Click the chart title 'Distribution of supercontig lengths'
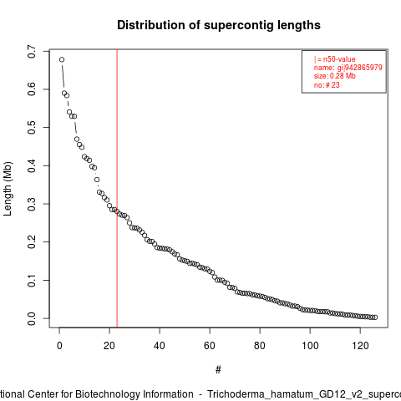pyautogui.click(x=219, y=25)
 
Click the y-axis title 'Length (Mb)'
pyautogui.click(x=8, y=189)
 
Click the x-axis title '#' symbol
pyautogui.click(x=218, y=369)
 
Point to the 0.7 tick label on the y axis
pyautogui.click(x=32, y=51)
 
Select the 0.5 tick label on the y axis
pyautogui.click(x=32, y=127)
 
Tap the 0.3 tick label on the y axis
pyautogui.click(x=32, y=204)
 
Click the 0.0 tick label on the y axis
pyautogui.click(x=32, y=318)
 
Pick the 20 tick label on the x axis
pyautogui.click(x=109, y=346)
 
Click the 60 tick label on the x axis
pyautogui.click(x=210, y=346)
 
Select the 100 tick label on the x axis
pyautogui.click(x=310, y=346)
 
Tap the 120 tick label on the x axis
pyautogui.click(x=360, y=346)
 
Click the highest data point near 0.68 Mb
pyautogui.click(x=62, y=59)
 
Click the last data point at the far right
pyautogui.click(x=375, y=317)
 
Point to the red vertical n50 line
pyautogui.click(x=117, y=188)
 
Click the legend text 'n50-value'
pyautogui.click(x=339, y=59)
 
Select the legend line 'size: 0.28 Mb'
pyautogui.click(x=335, y=76)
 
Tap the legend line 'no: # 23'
pyautogui.click(x=327, y=85)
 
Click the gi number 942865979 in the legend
pyautogui.click(x=363, y=68)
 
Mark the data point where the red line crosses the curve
pyautogui.click(x=117, y=211)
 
